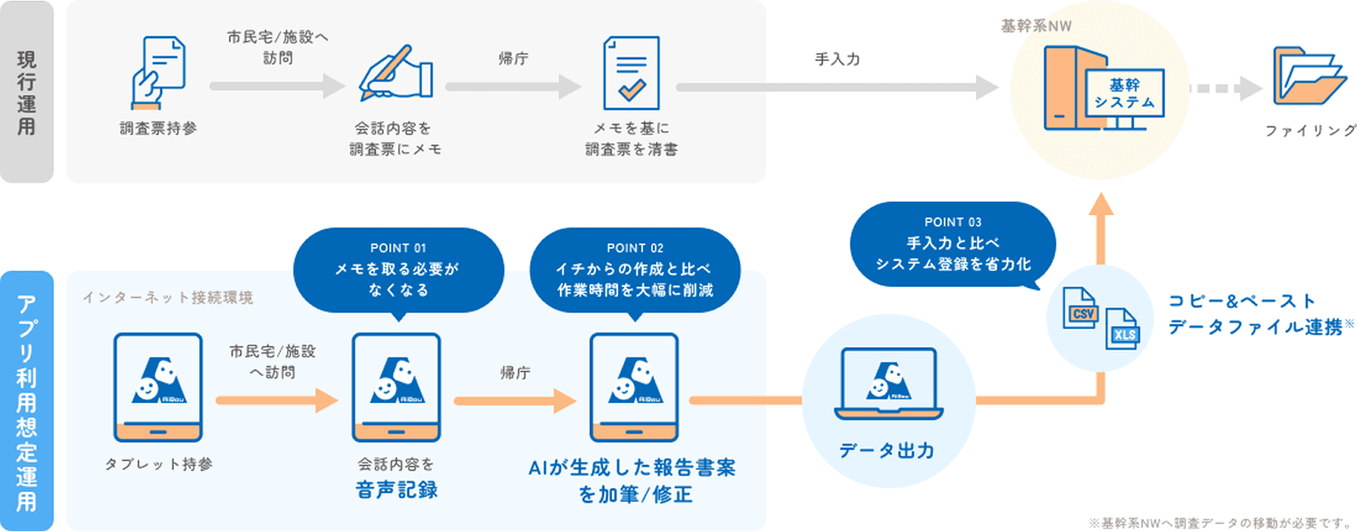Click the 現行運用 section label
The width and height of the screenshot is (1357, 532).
click(x=27, y=92)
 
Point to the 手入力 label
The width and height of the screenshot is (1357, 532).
click(x=837, y=59)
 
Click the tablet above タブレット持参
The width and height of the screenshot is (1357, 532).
click(x=158, y=387)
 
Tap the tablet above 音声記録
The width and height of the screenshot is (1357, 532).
click(x=396, y=387)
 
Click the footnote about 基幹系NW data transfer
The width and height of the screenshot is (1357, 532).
click(x=1220, y=521)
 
